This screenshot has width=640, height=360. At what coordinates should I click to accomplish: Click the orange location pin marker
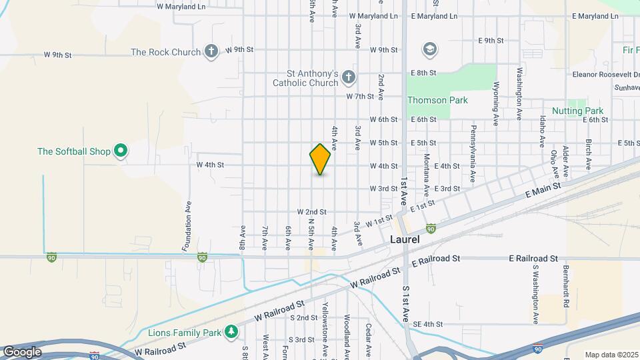coord(320,159)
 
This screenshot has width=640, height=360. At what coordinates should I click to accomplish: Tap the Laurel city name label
coord(405,239)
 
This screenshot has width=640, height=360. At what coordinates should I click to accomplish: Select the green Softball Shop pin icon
coord(121,152)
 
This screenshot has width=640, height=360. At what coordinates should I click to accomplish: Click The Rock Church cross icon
coord(211,51)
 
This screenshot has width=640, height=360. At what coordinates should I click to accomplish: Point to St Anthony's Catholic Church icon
coord(347,79)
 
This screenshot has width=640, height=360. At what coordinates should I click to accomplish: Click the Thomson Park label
coord(437,100)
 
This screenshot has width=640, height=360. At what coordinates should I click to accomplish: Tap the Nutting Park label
coord(577,111)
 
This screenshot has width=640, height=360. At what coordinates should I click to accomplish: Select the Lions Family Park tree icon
coord(231,331)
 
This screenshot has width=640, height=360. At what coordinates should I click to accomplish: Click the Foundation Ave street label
coord(187,227)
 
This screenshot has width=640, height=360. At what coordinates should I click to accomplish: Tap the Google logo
coord(21,352)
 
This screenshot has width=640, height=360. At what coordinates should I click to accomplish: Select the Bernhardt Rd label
coord(565,286)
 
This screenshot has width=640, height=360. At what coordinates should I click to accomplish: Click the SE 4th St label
coord(427,324)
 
